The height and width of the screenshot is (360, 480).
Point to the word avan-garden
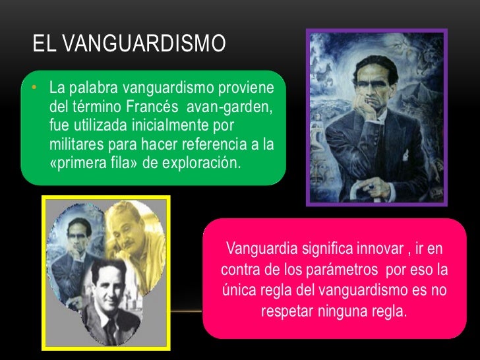click(x=228, y=105)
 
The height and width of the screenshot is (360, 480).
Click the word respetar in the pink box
click(x=288, y=311)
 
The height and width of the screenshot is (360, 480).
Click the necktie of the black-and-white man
click(x=110, y=326)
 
